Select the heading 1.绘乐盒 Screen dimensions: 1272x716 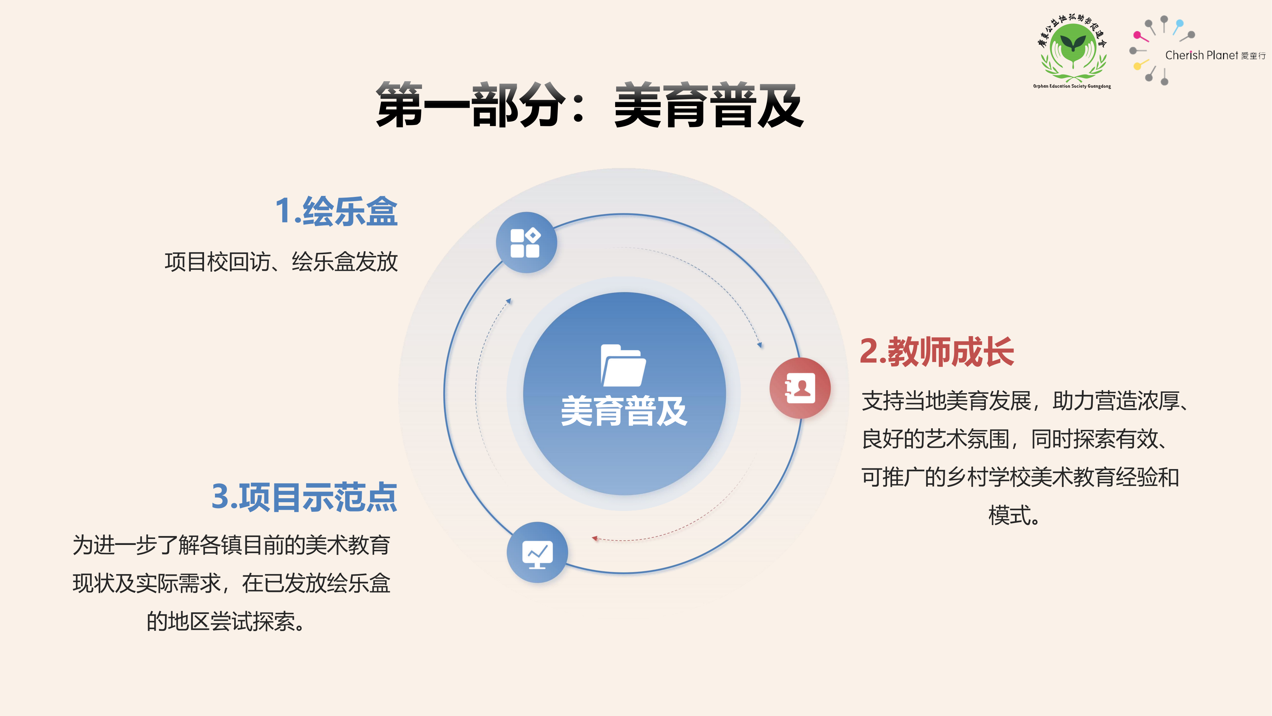(x=336, y=211)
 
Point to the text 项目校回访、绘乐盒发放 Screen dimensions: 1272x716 (x=281, y=262)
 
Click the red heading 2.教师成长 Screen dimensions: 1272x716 (x=937, y=352)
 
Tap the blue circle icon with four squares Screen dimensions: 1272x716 (x=526, y=243)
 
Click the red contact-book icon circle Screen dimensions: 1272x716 (x=800, y=388)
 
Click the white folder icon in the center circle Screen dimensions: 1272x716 (x=623, y=365)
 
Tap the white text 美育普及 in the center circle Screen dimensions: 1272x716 (x=624, y=411)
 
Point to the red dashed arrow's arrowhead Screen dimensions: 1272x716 (x=595, y=538)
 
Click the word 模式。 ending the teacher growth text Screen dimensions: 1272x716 (x=1014, y=515)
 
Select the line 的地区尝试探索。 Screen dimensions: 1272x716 (x=226, y=622)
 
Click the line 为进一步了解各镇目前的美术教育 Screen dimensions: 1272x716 (x=232, y=545)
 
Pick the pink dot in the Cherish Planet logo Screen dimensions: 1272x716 (x=1137, y=35)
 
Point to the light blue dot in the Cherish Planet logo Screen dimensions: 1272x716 (x=1180, y=23)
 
